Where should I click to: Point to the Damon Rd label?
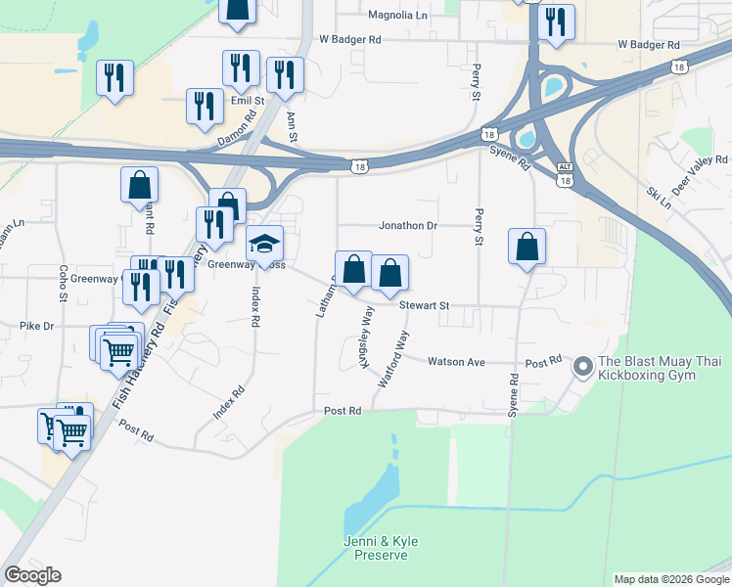pos(236,128)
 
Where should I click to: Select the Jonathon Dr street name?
pos(408,225)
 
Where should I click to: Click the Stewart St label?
pos(424,305)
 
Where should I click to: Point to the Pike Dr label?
pos(35,324)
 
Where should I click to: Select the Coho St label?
pos(62,283)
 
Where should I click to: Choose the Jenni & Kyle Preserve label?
pos(376,548)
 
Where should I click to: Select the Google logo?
pos(32,575)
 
